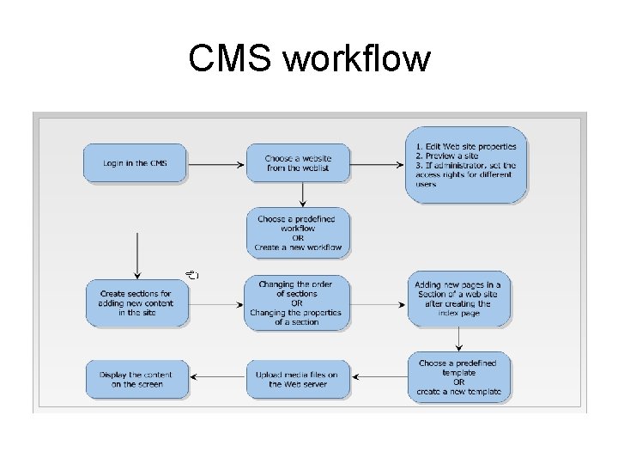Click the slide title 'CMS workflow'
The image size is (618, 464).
coord(309,59)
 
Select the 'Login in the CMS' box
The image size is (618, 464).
coord(136,163)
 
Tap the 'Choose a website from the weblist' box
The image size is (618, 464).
coord(298,163)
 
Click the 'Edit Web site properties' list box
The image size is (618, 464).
coord(465,165)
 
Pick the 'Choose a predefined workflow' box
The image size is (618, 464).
coord(298,233)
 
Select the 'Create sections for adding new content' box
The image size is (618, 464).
coord(136,302)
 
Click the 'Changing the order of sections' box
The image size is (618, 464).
coord(296,302)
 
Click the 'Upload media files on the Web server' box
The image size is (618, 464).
coord(297,379)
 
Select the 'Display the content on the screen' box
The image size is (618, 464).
coord(136,379)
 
